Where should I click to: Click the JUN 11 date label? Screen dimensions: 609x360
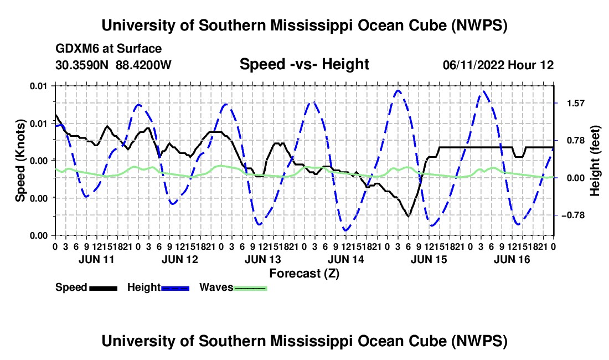[x=96, y=259]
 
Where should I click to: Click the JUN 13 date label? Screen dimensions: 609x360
[x=262, y=259]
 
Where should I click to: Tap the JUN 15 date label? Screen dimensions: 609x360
[x=429, y=259]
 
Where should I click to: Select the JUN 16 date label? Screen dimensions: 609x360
[x=512, y=259]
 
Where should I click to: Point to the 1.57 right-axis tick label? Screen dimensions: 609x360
[x=576, y=104]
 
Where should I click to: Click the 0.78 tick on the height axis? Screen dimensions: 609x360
[x=576, y=141]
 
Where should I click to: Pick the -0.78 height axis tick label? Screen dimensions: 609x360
[x=573, y=215]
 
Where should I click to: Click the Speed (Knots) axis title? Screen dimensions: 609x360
[x=20, y=161]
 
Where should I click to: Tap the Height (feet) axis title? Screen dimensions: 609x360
[x=595, y=161]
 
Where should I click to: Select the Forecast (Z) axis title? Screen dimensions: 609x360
[x=304, y=274]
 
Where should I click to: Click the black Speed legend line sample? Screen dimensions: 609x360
[x=104, y=288]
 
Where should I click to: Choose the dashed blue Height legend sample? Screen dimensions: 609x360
[x=175, y=288]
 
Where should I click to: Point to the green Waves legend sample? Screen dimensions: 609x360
[x=250, y=288]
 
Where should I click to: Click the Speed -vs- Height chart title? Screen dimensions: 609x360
[x=304, y=64]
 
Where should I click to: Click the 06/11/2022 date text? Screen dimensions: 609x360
[x=474, y=65]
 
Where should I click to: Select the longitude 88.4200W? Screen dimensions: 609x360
[x=143, y=65]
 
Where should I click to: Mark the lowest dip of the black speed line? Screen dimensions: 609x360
[x=408, y=217]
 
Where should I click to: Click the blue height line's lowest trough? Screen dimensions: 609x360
[x=345, y=231]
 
